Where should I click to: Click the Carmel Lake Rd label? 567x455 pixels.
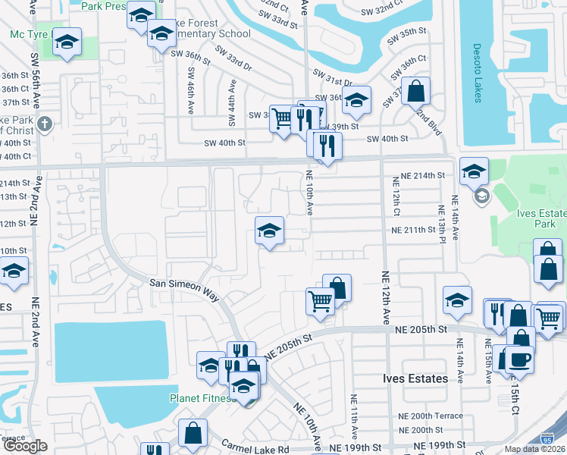point(255,448)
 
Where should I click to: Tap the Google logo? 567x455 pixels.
point(25,446)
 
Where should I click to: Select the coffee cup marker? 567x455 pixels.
point(518,358)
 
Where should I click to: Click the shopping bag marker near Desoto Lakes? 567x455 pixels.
point(415,92)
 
